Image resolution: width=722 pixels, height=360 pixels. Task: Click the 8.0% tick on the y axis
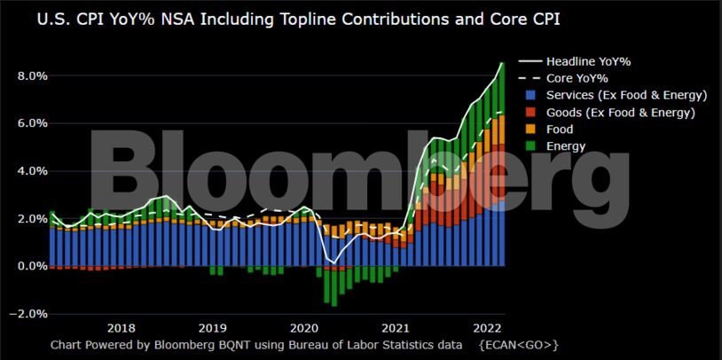[32, 76]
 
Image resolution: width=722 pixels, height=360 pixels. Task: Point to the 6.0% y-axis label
[32, 123]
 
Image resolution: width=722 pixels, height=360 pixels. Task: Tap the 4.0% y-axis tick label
[32, 171]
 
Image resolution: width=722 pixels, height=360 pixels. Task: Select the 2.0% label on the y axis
[32, 219]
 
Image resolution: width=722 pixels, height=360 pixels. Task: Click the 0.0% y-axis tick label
[32, 266]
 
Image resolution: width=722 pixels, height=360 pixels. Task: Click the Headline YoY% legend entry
[588, 62]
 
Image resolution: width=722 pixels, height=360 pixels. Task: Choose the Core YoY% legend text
[577, 79]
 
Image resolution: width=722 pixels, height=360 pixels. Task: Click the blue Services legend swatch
[530, 96]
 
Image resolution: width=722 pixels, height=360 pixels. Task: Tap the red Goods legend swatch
[530, 113]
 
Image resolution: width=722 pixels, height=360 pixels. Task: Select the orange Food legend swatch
[530, 129]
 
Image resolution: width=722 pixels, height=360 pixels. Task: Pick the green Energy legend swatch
[530, 146]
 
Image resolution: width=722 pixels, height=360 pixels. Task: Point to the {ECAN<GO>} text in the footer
[518, 344]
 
